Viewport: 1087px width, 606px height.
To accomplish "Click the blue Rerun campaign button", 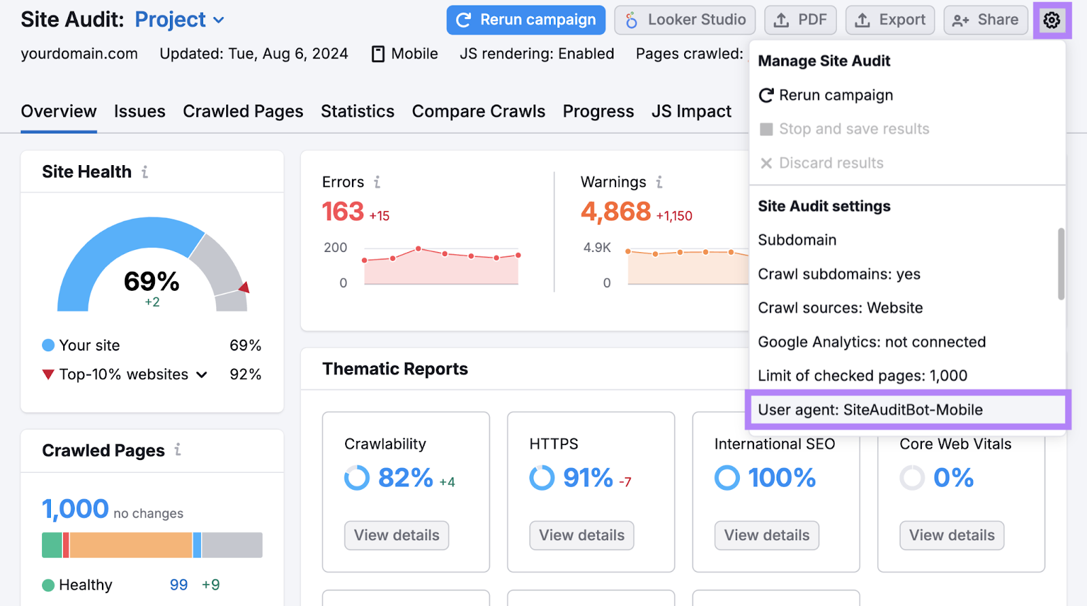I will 525,20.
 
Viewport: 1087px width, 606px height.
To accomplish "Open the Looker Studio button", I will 685,20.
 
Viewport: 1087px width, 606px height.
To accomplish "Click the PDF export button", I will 800,20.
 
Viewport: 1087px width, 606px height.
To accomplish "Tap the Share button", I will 985,20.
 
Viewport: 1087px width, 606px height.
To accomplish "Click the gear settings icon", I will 1052,20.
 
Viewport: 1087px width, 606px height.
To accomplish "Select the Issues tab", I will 139,111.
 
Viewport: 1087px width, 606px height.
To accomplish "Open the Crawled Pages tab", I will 243,111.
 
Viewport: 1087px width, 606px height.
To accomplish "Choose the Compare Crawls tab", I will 478,111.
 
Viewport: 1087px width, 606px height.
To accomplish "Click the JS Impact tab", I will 691,111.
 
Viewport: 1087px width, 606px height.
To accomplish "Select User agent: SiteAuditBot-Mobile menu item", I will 870,410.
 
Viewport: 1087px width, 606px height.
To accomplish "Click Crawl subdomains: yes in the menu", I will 839,274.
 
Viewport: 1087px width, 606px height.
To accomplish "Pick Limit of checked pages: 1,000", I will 862,376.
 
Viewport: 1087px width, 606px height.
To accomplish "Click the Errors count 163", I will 343,212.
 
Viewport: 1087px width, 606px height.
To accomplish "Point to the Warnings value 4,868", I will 616,212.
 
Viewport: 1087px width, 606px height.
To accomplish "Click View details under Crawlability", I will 397,535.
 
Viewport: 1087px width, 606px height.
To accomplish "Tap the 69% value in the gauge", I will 152,281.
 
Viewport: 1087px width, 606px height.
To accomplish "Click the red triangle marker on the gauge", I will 244,287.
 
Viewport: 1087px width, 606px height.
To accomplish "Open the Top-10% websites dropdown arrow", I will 202,374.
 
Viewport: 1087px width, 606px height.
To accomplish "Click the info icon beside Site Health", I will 145,172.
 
